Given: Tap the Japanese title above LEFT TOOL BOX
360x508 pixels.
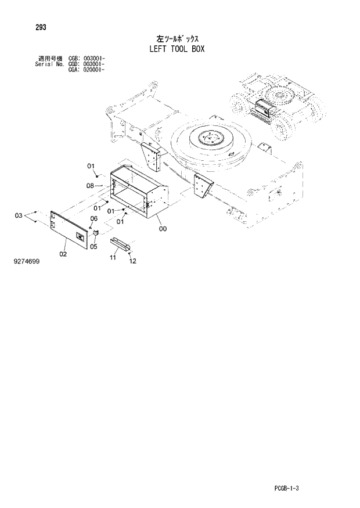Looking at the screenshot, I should coord(175,37).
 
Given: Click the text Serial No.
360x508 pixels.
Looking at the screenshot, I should coord(49,63).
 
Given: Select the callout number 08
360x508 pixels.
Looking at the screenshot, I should coord(90,186).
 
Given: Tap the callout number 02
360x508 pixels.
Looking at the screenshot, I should coord(63,254).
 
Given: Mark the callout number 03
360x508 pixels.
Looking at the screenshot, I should coord(19,216).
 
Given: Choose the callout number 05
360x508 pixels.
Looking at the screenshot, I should coord(92,246).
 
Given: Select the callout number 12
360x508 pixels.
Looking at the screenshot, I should coord(132,261).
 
